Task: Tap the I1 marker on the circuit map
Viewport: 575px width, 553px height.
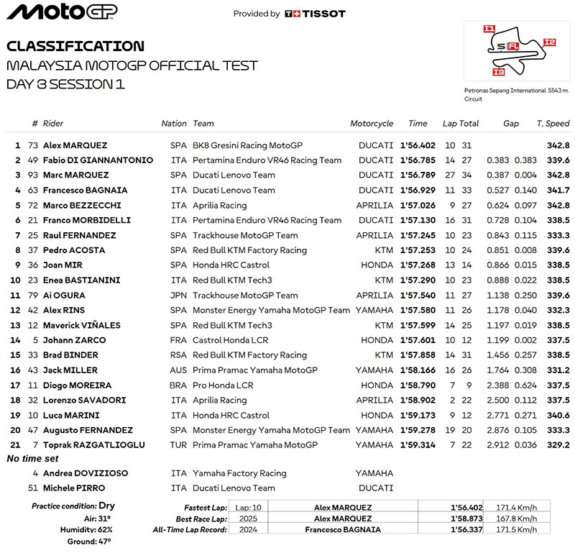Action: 489,29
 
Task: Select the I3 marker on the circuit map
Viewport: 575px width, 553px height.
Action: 499,72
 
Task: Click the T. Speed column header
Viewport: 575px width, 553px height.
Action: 553,124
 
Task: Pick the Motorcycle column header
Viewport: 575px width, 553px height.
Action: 372,124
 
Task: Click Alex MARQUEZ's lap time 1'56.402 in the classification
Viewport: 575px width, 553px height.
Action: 418,145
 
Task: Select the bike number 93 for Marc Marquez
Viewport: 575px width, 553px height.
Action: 32,175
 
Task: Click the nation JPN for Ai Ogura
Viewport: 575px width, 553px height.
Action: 178,296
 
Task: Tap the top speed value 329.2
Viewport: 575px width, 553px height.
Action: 558,445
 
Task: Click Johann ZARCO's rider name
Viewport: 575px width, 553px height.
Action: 74,340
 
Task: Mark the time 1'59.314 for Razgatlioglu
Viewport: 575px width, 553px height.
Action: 418,445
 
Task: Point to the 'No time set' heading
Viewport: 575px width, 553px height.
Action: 32,459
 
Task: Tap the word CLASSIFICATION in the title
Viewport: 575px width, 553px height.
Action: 75,46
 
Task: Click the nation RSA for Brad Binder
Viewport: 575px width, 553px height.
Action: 178,355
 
